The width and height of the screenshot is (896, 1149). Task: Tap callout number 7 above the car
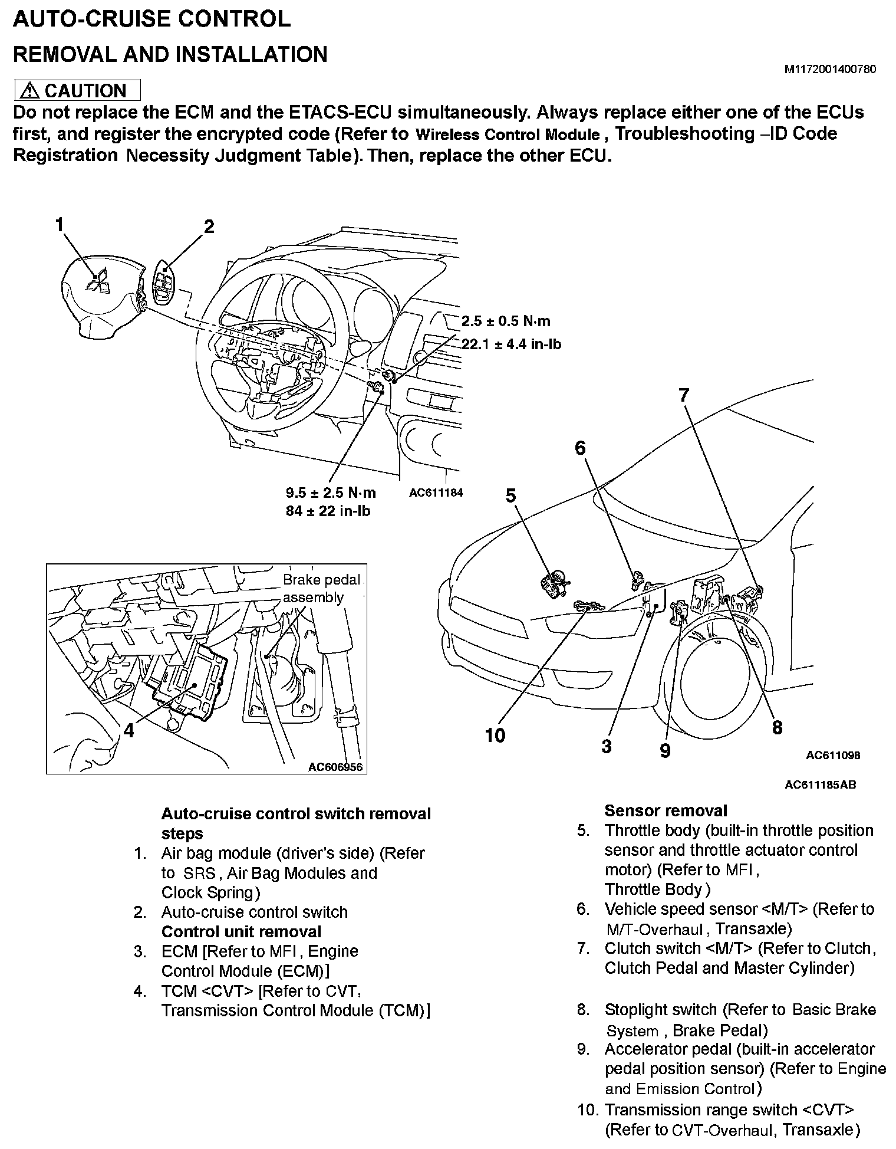click(x=684, y=395)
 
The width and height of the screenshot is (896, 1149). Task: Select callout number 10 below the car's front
click(x=495, y=735)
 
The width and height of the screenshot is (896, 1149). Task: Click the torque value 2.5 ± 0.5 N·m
click(x=506, y=321)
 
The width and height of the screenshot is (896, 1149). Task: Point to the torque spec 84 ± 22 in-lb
click(x=328, y=511)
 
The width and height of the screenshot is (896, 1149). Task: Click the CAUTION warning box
click(x=77, y=90)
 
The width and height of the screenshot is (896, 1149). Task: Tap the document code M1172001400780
click(x=829, y=70)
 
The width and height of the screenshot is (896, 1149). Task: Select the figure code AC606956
click(x=335, y=767)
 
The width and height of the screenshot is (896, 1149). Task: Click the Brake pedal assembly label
click(x=321, y=588)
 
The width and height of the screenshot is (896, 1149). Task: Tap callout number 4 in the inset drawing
click(x=129, y=731)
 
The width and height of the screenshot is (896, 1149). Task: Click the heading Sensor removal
click(x=666, y=810)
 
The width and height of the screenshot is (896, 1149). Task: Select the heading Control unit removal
click(x=241, y=932)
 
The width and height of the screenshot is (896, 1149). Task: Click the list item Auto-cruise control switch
click(x=254, y=912)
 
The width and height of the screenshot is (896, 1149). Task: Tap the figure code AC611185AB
click(x=820, y=784)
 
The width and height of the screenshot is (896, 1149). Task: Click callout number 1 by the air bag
click(x=60, y=225)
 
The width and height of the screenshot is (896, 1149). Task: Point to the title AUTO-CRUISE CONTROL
click(x=151, y=19)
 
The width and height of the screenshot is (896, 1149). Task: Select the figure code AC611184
click(x=436, y=493)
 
